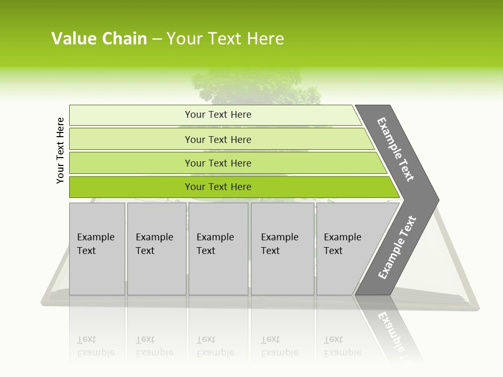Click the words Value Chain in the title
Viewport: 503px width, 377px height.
coord(99,38)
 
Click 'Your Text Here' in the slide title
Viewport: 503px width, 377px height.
coord(225,38)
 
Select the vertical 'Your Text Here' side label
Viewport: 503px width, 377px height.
coord(60,150)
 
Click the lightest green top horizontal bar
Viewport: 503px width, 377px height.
coord(215,115)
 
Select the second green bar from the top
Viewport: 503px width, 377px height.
coord(220,139)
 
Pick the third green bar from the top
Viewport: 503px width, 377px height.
coord(225,163)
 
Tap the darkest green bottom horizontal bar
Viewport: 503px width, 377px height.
coord(231,187)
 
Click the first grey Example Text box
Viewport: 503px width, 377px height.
coord(97,249)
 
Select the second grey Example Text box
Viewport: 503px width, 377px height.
coord(156,249)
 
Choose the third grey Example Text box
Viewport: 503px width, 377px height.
coord(218,249)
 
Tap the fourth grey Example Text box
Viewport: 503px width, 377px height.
coord(282,249)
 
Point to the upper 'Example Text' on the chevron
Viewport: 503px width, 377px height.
coord(396,149)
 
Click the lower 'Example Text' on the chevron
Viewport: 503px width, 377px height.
coord(397,248)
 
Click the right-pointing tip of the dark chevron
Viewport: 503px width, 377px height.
coord(437,199)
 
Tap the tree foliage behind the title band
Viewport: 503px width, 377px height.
coord(257,86)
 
